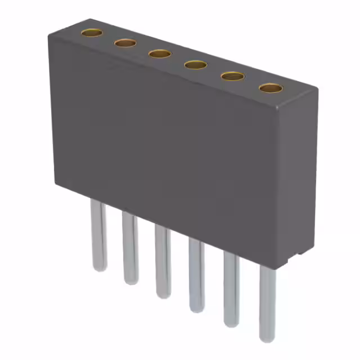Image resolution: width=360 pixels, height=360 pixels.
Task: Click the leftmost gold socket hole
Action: [x=92, y=33]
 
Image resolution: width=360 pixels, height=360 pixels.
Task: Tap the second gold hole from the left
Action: [x=125, y=43]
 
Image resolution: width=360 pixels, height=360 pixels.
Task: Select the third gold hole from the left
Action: [x=160, y=53]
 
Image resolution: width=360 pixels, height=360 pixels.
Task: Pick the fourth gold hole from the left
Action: [x=196, y=65]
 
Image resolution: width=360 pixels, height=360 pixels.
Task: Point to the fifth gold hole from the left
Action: [x=232, y=76]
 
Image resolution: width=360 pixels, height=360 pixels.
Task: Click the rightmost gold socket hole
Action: [x=271, y=88]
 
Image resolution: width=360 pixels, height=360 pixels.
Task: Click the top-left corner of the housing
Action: [x=49, y=35]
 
